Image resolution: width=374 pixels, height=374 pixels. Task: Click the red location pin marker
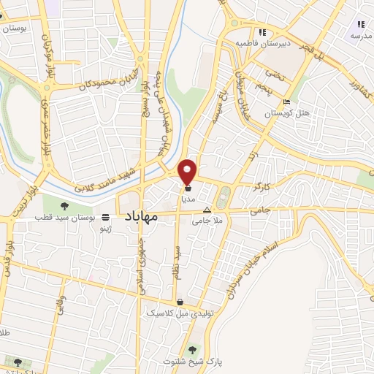click(188, 171)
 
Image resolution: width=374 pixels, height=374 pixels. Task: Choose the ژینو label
click(107, 228)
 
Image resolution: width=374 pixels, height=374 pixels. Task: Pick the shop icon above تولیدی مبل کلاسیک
click(180, 302)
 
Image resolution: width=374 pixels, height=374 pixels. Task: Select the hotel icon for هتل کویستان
click(286, 102)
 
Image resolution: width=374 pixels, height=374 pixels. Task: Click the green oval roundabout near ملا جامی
click(224, 195)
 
